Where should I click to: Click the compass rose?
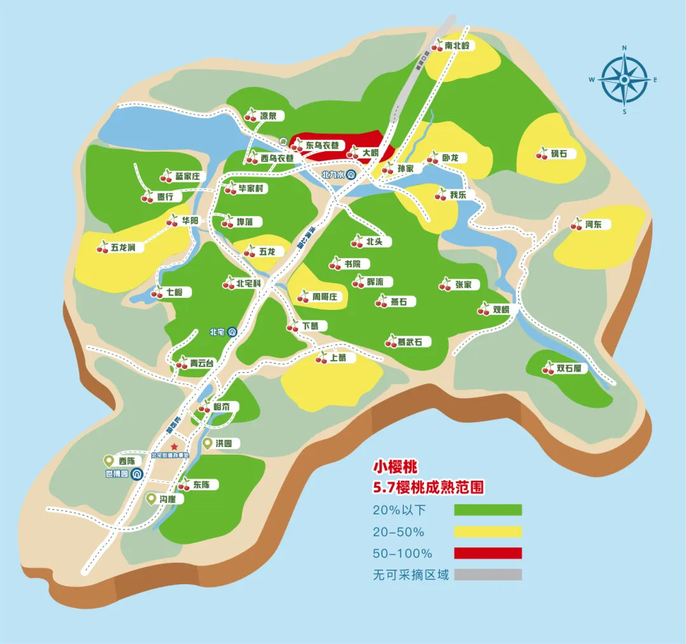[624, 79]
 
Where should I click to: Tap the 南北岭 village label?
[457, 46]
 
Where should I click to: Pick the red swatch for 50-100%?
[488, 553]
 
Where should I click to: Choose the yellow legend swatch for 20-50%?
[488, 532]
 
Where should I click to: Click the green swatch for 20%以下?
[488, 510]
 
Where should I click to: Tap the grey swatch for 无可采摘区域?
[488, 575]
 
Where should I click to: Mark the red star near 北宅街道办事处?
[174, 447]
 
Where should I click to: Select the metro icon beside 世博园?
[137, 474]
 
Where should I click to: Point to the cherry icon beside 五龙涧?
[103, 247]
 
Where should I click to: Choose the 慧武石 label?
[414, 342]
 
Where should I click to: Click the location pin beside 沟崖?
[151, 499]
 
